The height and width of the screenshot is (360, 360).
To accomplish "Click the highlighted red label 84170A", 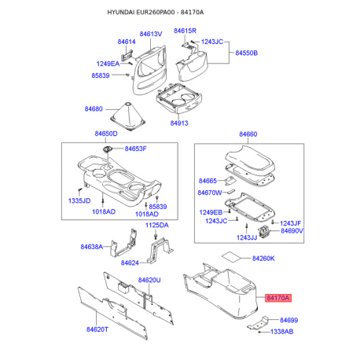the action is coord(278,298).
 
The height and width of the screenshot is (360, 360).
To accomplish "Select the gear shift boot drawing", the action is coord(128,116).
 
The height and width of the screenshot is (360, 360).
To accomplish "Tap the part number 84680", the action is coord(94,108).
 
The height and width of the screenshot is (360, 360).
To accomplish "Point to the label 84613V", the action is coord(151,34).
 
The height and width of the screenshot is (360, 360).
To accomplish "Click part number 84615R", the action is coord(185,31).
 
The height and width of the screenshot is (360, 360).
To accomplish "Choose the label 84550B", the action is coord(246,53).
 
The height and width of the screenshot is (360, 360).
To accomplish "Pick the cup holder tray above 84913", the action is coord(179,99).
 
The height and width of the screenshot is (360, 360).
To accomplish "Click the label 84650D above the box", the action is coord(106,134).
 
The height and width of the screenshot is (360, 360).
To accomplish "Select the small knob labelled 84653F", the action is coord(107,149).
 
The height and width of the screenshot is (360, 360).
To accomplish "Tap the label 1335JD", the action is coord(79,200).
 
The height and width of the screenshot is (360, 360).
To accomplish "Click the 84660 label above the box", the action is coord(248,134).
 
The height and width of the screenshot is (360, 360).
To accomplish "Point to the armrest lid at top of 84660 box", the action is coord(250,160).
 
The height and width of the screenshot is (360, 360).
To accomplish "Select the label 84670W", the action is coord(210,193).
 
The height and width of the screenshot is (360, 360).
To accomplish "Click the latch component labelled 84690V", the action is coord(264,232).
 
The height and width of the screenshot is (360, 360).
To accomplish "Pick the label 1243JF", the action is coord(291,223).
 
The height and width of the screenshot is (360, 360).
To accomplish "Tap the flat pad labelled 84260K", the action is coord(231,256).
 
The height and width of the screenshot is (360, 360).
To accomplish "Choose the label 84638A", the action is coord(92,247).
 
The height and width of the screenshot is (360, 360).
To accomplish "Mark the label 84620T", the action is coord(97,329).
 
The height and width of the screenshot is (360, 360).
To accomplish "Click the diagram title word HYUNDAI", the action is coord(121,13).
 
